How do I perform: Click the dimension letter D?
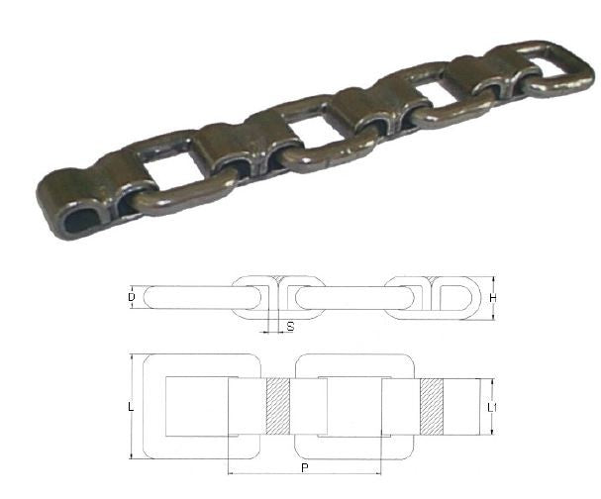coord(133,296)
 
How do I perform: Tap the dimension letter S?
coord(289,325)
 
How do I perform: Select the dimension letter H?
coord(504,296)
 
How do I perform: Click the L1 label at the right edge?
coord(503,408)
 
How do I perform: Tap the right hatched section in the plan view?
coord(433,406)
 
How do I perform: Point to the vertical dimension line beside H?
coord(493,296)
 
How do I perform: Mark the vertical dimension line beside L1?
coord(492,406)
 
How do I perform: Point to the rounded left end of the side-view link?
coord(150,296)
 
